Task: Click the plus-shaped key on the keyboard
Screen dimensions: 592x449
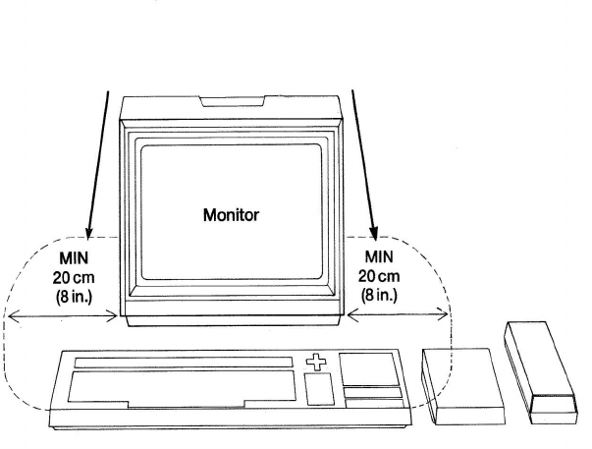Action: coord(316,364)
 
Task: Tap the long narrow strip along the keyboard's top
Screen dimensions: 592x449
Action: coord(183,364)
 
